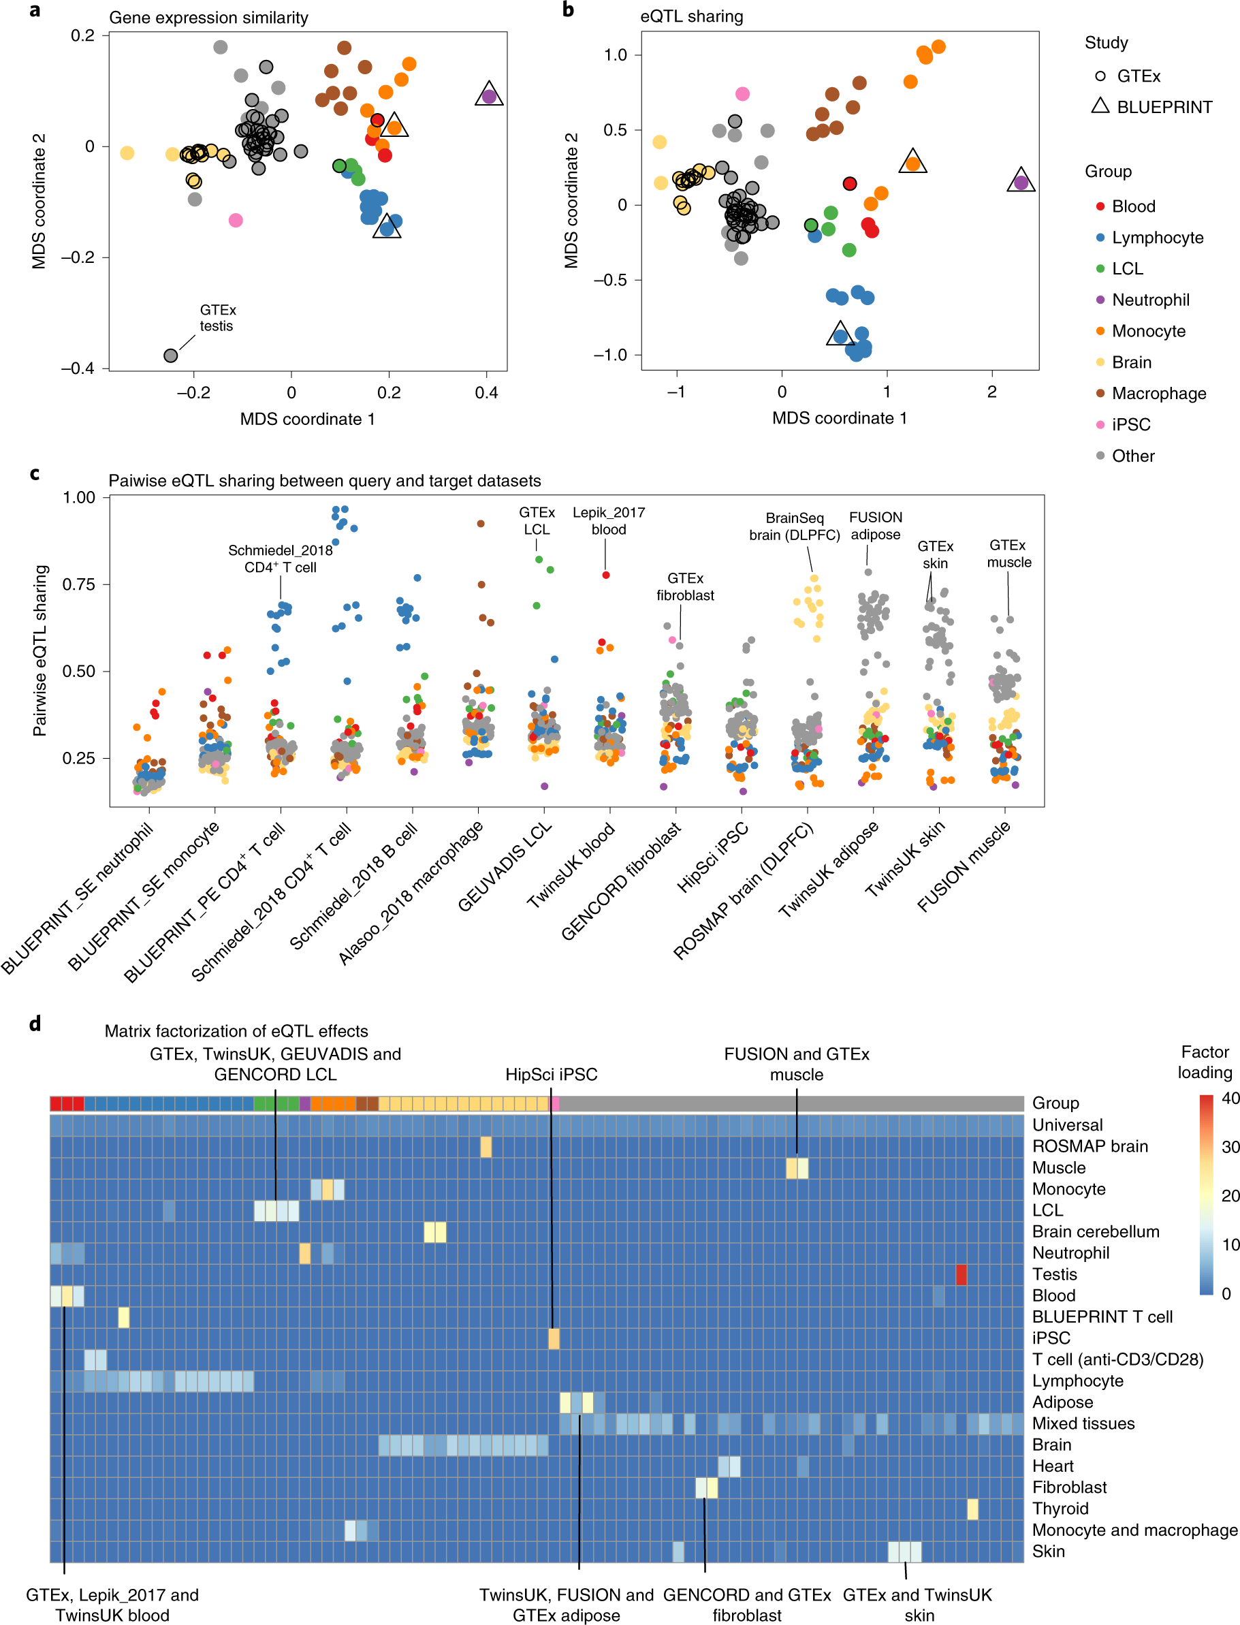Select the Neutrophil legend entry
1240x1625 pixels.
click(x=1150, y=300)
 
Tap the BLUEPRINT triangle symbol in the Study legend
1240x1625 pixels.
click(x=1100, y=106)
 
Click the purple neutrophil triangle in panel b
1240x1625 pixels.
click(x=1021, y=182)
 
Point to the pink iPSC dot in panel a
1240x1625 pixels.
click(x=236, y=220)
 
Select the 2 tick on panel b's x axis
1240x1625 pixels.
click(x=991, y=392)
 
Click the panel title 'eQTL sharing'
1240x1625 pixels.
click(x=691, y=16)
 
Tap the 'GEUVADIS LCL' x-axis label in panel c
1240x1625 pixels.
click(x=505, y=867)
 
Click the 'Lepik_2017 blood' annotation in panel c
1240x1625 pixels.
click(x=608, y=521)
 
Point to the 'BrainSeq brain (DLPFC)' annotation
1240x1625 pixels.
click(x=794, y=526)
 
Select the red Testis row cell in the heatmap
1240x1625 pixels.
click(x=960, y=1274)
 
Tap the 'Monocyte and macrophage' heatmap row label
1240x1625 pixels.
click(x=1134, y=1530)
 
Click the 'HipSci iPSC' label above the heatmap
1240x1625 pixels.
click(x=551, y=1074)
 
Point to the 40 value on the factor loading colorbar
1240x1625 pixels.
click(x=1230, y=1098)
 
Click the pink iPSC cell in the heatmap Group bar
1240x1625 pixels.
click(x=555, y=1104)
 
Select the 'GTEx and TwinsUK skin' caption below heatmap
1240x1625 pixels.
click(x=917, y=1605)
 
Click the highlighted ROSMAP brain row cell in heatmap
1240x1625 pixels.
click(x=486, y=1147)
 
